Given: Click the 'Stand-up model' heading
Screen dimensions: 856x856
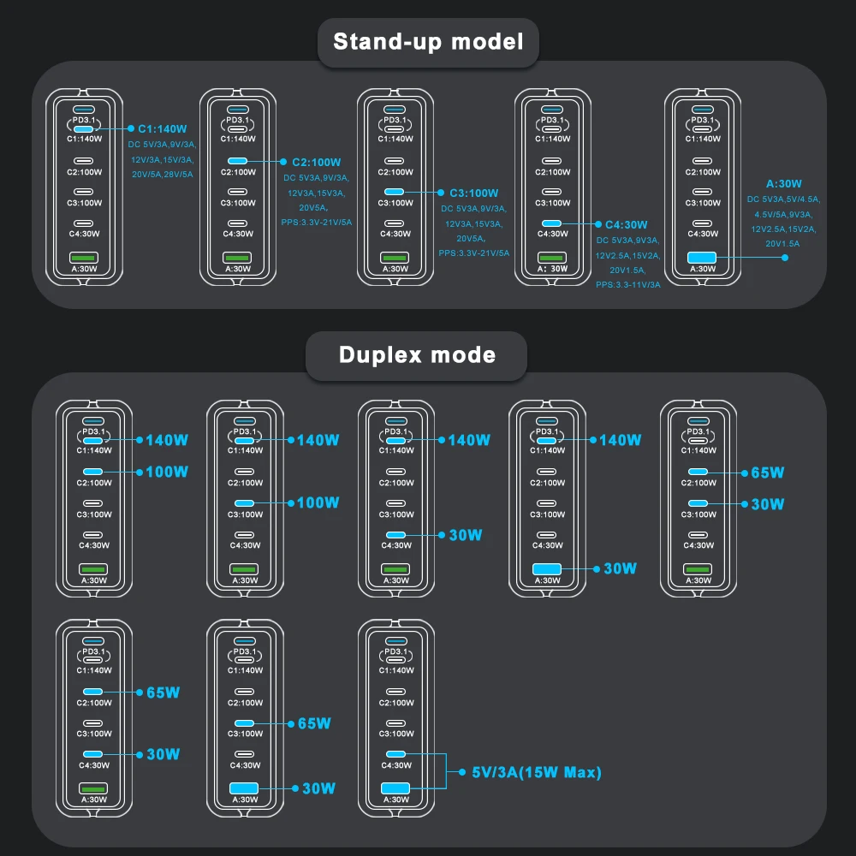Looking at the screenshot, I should coord(427,41).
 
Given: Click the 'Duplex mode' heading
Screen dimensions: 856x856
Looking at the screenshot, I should coord(417,354).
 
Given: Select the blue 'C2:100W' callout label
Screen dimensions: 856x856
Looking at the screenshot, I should coord(317,162).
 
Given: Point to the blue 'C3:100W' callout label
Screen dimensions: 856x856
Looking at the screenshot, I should coord(473,193).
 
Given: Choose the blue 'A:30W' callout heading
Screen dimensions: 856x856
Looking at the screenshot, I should coord(783,183).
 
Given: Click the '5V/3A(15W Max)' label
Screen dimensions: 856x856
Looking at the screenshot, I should coord(537,772).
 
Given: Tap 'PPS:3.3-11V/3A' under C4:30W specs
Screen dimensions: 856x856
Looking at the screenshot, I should coord(628,284).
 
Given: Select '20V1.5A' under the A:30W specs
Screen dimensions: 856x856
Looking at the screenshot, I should coord(783,243).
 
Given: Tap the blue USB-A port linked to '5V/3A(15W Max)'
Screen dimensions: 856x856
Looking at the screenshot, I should coord(395,788).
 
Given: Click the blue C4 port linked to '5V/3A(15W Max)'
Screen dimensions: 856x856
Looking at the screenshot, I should coord(395,754).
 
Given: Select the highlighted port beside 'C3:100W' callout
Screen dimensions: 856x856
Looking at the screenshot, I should coord(395,193).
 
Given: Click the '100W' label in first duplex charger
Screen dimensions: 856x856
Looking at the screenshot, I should coord(167,472).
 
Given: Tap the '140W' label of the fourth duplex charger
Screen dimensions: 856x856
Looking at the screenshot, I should coord(620,440).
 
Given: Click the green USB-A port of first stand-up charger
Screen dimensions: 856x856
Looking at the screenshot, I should coord(84,257).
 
